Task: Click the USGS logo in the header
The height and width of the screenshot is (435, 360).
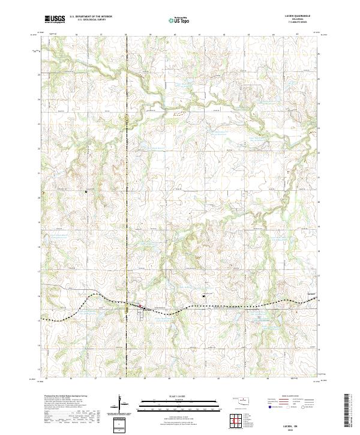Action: [55, 20]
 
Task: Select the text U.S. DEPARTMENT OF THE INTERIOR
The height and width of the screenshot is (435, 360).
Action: [91, 16]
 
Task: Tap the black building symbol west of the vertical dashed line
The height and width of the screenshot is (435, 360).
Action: [86, 191]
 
